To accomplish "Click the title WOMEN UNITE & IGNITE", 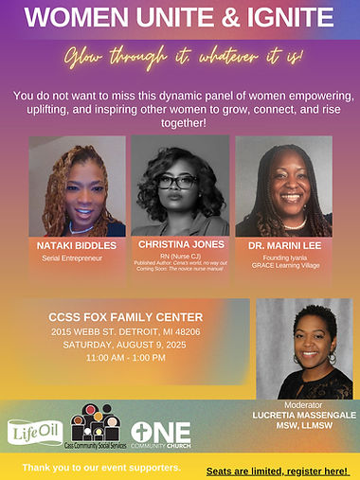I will point(179,18).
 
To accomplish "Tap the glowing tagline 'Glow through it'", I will point(179,57).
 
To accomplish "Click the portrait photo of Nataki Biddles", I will point(77,186).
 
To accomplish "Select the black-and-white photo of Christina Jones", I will point(180,186).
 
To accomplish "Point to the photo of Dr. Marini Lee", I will point(282,186).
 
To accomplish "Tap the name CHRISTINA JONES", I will point(179,244).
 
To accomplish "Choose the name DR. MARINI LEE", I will point(281,244).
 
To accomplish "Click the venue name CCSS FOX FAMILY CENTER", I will point(125,316).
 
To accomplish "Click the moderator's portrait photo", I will point(304,347).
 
